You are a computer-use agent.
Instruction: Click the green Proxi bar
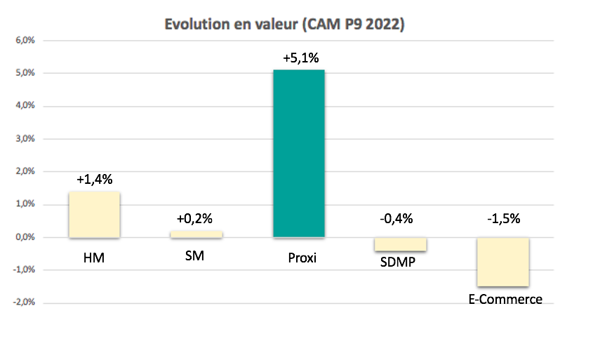[299, 153]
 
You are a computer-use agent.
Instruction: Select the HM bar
[94, 215]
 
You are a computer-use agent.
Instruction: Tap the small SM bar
[196, 234]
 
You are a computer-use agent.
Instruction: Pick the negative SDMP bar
[400, 244]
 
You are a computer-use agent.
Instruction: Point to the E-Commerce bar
[502, 262]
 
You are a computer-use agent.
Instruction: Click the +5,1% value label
[300, 58]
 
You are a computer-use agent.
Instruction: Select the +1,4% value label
[94, 180]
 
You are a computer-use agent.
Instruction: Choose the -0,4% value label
[401, 219]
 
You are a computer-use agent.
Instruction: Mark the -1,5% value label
[503, 219]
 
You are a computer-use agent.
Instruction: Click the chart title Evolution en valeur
[285, 25]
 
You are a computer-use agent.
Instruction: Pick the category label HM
[93, 258]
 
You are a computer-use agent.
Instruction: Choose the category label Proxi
[302, 258]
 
